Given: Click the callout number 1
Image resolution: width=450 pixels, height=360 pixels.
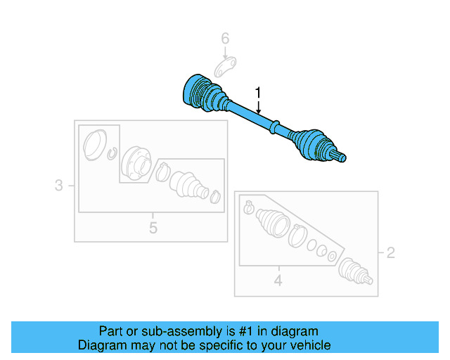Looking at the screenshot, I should click(258, 92).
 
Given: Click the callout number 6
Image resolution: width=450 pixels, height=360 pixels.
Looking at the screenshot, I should click(226, 38).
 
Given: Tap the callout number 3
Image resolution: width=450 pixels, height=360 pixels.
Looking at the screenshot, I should click(59, 186).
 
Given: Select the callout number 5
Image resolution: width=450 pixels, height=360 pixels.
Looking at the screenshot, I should click(153, 227).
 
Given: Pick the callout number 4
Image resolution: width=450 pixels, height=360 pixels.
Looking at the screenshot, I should click(278, 281).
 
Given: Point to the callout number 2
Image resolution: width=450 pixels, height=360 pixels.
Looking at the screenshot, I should click(391, 252).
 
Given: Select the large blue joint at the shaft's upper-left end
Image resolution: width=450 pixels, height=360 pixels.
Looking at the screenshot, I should click(197, 94).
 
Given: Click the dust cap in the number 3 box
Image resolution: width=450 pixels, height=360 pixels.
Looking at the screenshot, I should click(94, 146).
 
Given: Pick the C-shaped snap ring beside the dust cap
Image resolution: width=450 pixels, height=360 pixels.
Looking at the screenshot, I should click(113, 153).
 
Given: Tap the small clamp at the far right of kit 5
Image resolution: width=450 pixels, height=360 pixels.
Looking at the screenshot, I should click(216, 197).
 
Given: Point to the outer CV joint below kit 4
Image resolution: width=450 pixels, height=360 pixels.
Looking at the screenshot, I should click(354, 271).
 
